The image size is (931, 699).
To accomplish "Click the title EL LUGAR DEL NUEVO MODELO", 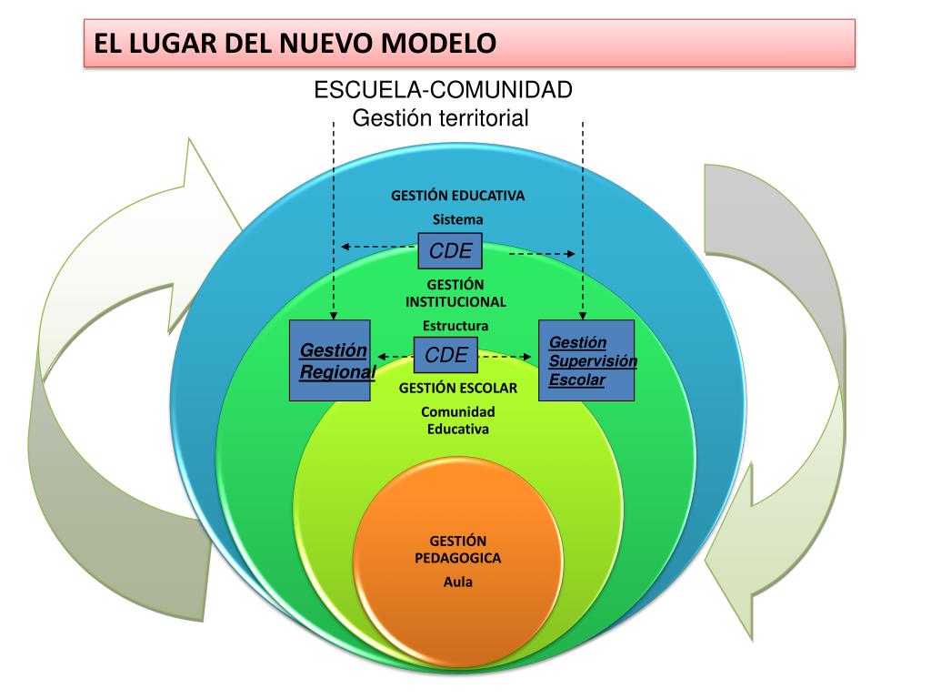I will (295, 43).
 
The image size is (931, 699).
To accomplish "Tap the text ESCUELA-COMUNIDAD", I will (443, 91).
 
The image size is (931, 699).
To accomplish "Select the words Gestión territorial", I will (441, 118).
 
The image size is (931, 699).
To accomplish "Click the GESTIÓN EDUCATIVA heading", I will (457, 196).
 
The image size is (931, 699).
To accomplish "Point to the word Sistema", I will (457, 219).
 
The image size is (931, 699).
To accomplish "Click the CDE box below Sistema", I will (450, 251).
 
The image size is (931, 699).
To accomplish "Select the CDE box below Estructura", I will (446, 355).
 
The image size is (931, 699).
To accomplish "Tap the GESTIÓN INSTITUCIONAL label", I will (456, 293).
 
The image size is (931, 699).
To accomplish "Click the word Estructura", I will (455, 326).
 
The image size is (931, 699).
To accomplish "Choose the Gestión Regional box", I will (330, 360).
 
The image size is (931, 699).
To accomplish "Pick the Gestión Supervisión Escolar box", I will (586, 360).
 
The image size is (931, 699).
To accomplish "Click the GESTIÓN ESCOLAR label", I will (457, 389).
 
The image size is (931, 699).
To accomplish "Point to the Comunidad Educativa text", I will (457, 420).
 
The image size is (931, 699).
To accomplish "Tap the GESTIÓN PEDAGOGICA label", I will (457, 549).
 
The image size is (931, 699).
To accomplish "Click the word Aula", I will (458, 582).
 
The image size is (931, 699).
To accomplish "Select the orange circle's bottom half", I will (458, 628).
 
